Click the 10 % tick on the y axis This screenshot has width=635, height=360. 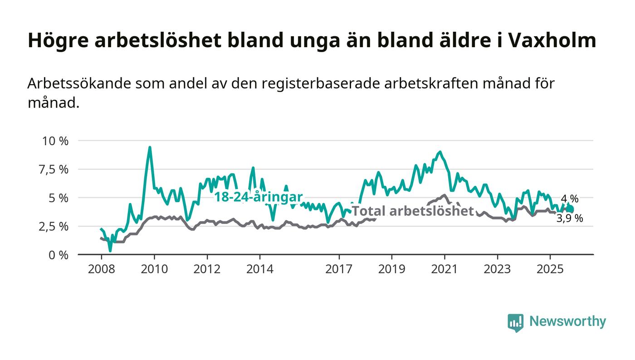[x=55, y=141]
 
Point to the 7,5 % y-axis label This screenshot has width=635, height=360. [x=55, y=169]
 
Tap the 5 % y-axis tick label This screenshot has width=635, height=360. [x=59, y=198]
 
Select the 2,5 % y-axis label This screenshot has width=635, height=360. [x=55, y=226]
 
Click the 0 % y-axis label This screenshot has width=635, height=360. [x=59, y=255]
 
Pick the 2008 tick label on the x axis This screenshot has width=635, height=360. [x=101, y=269]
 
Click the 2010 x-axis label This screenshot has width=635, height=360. [x=154, y=269]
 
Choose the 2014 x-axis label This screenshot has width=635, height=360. [x=260, y=269]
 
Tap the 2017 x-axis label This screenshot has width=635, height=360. [x=339, y=269]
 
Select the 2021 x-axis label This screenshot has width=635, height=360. [x=444, y=269]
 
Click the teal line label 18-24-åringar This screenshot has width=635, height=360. [x=258, y=197]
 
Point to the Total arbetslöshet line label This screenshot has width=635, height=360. [x=413, y=211]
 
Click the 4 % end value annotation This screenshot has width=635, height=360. [x=570, y=199]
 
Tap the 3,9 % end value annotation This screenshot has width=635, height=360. [x=570, y=219]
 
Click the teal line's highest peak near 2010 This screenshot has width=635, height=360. [x=150, y=147]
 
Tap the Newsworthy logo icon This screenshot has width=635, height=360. [x=515, y=322]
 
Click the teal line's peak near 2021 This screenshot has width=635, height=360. [x=440, y=152]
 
